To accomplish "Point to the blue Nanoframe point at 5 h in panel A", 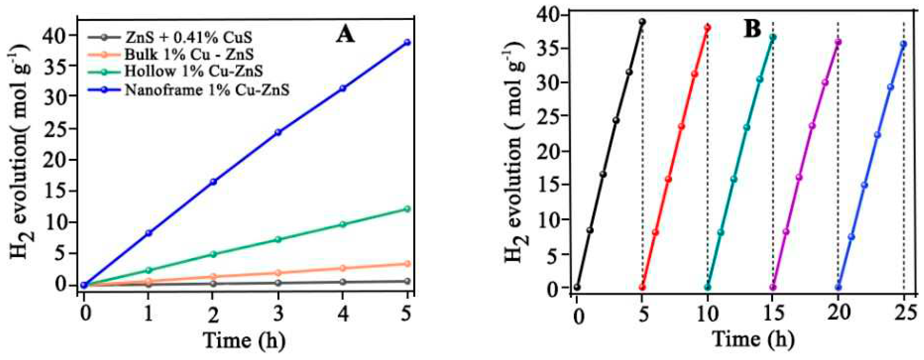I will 407,42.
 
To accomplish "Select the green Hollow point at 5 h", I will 407,209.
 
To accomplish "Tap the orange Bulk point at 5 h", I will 407,263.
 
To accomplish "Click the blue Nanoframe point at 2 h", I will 213,182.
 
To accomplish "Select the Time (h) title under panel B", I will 753,339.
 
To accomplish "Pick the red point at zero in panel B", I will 642,287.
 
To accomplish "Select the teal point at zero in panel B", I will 708,287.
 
